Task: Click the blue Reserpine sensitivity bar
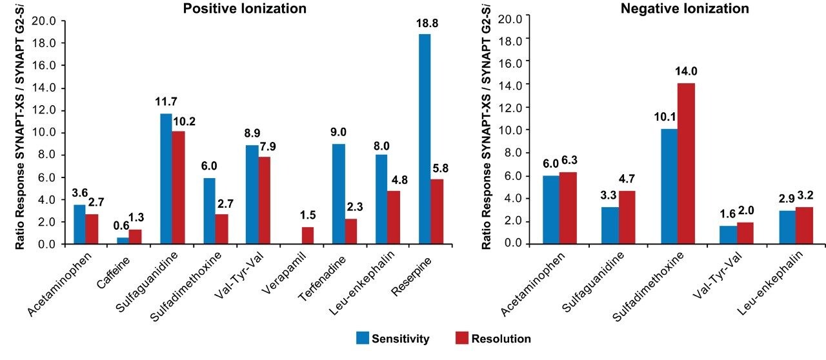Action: [425, 139]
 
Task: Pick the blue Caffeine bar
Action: [122, 241]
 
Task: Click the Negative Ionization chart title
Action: [667, 8]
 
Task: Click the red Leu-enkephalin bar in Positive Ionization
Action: [396, 217]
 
